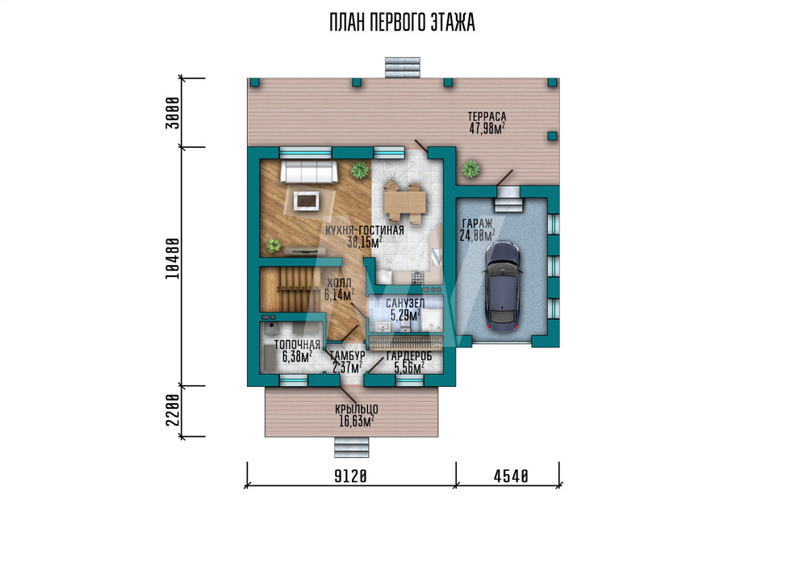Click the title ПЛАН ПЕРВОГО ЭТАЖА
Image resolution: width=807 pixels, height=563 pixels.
402,23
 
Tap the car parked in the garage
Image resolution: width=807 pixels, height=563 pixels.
502,287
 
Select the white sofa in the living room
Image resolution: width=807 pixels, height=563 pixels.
309,171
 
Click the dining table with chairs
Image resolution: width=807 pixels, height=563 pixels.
405,203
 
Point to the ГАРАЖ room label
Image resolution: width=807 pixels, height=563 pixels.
477,224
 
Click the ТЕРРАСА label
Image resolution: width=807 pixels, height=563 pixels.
487,117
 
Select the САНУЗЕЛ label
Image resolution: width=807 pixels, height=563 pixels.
406,304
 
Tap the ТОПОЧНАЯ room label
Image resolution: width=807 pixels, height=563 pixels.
297,345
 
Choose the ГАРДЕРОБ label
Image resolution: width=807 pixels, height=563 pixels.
409,356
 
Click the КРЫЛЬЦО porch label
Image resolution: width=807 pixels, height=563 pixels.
357,410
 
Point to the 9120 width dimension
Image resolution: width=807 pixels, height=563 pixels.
350,477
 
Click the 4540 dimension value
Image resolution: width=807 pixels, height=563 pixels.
511,477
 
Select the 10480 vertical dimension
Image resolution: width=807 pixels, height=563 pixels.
174,258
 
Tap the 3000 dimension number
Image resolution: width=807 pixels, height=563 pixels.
174,113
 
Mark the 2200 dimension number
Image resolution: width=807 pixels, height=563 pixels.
174,410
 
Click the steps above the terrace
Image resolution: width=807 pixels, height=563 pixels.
403,68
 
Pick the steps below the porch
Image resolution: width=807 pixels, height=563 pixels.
352,447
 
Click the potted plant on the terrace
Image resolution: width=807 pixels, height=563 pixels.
470,169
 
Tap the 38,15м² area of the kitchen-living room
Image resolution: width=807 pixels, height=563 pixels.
365,242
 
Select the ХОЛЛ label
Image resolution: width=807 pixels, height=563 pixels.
339,284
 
